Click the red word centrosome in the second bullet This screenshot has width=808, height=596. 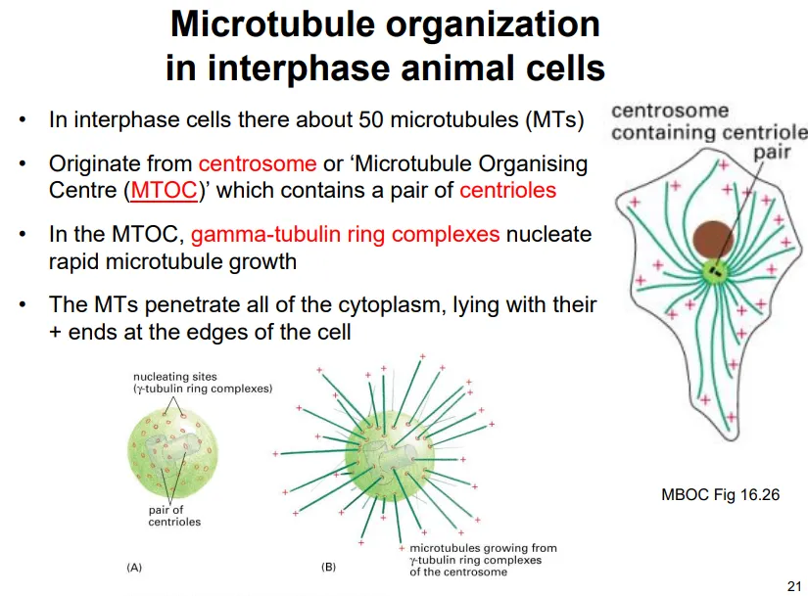[257, 163]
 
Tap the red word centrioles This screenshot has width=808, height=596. [507, 189]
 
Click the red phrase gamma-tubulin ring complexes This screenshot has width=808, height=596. [345, 235]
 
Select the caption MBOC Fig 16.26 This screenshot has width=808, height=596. [720, 494]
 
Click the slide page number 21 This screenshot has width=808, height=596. [793, 585]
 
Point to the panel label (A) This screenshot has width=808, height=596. [134, 568]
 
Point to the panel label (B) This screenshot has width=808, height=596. [328, 568]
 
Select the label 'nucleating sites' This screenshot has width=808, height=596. [176, 376]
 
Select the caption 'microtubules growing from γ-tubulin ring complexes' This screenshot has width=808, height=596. [480, 560]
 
